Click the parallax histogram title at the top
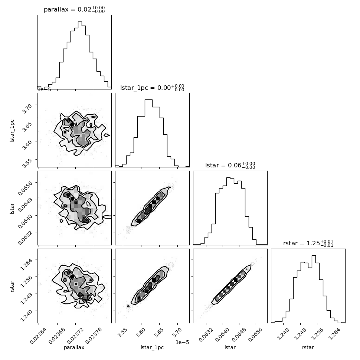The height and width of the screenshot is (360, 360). tap(74, 9)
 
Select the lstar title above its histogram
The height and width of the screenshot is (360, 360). tap(230, 165)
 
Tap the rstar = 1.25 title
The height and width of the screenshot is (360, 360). tap(308, 243)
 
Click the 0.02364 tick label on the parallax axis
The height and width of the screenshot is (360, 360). tap(39, 336)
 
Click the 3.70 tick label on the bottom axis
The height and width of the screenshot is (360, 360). tap(177, 333)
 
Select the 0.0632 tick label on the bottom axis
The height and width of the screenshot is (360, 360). tap(206, 334)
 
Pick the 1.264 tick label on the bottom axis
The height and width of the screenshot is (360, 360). tap(335, 333)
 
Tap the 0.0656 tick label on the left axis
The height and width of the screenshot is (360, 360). tap(25, 188)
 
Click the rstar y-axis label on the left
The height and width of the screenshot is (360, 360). tap(12, 286)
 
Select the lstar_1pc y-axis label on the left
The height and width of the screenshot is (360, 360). tap(12, 131)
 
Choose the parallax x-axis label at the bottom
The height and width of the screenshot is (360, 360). tap(74, 348)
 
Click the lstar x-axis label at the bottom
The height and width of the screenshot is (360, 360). tap(230, 347)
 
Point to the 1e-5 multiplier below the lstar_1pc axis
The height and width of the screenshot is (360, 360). tap(182, 342)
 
